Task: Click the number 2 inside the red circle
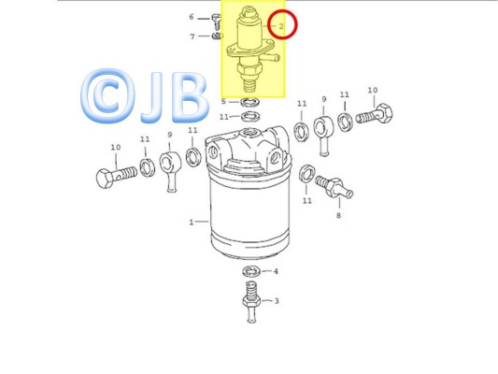point(281,26)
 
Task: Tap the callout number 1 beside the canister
point(192,223)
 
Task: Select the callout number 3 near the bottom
point(277,300)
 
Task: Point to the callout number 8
point(338,215)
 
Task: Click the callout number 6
point(192,17)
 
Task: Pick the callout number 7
point(192,36)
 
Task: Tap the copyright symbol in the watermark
point(107,96)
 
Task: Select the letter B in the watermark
point(190,97)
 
